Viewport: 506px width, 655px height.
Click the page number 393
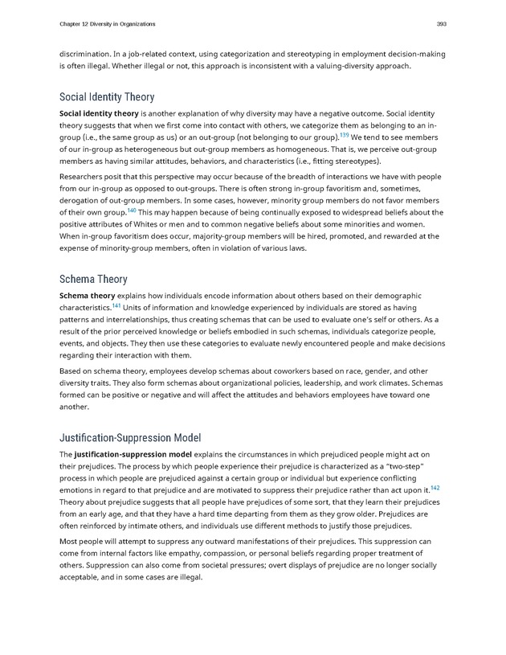tap(441, 23)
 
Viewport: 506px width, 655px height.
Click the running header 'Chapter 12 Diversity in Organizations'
tap(108, 23)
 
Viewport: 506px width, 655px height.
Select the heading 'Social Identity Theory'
tap(107, 97)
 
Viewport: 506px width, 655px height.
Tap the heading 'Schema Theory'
tap(93, 279)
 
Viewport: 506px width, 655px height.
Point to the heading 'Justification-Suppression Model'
tap(130, 437)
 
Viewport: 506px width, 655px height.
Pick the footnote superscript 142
tap(435, 485)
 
